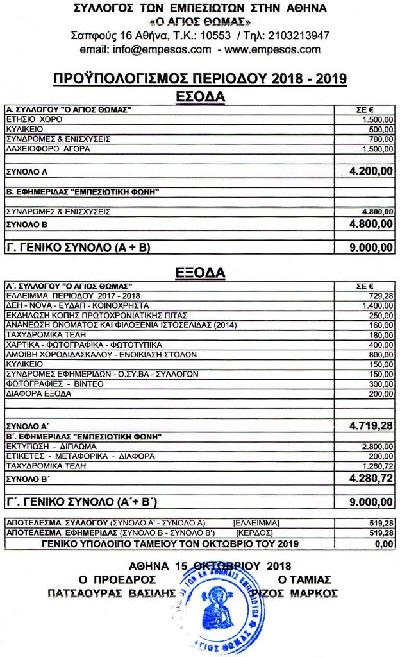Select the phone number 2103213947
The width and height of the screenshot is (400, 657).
click(x=301, y=35)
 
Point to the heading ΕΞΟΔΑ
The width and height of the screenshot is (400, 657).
click(x=200, y=273)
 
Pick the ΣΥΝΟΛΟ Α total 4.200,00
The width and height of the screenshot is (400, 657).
click(x=371, y=172)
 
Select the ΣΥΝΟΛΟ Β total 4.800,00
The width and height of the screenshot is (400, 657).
click(x=371, y=224)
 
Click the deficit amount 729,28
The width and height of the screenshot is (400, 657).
click(x=380, y=296)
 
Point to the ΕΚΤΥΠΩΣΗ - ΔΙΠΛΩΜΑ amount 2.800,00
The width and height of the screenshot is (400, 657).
click(x=377, y=446)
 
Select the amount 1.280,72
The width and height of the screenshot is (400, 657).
click(x=377, y=465)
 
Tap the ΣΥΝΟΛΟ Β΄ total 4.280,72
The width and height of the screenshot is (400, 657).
click(x=371, y=478)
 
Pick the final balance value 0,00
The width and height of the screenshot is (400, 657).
click(x=383, y=545)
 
